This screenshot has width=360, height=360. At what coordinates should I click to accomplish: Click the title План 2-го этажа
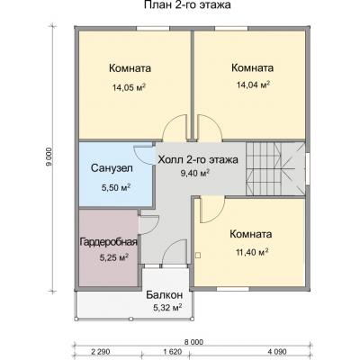186,6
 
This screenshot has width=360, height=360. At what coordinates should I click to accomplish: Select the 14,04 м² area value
251,86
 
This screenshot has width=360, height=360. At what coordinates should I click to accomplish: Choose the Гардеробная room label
107,242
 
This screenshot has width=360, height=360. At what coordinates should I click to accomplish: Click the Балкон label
165,295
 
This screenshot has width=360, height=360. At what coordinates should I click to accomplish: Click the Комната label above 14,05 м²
129,67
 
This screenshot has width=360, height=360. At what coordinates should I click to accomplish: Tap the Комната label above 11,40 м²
250,234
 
